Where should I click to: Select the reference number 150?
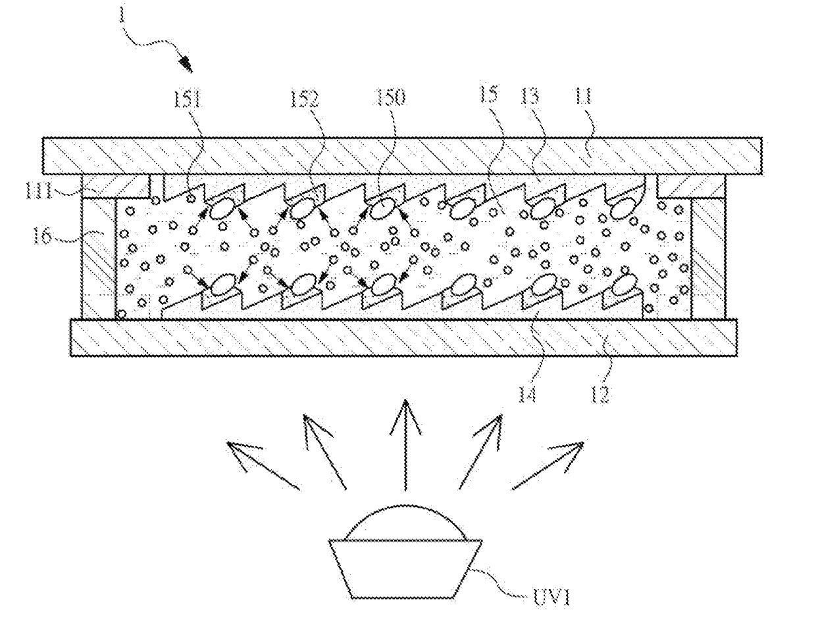pyautogui.click(x=393, y=98)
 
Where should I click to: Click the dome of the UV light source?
pyautogui.click(x=405, y=522)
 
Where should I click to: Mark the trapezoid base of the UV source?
pyautogui.click(x=405, y=569)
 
